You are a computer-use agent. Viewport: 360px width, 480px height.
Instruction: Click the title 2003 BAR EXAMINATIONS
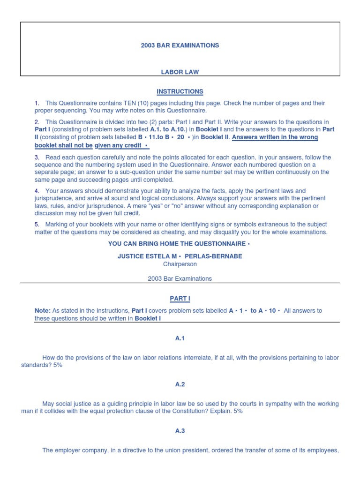click(x=180, y=45)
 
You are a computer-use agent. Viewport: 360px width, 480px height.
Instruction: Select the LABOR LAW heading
click(x=180, y=72)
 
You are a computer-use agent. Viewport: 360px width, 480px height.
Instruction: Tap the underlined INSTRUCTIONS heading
click(x=180, y=91)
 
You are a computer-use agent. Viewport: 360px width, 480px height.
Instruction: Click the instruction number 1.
click(x=37, y=103)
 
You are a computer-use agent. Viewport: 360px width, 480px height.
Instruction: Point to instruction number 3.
click(x=37, y=157)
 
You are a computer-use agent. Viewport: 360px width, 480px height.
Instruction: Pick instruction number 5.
click(x=37, y=225)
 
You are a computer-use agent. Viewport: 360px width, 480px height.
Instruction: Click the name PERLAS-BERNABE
click(x=217, y=256)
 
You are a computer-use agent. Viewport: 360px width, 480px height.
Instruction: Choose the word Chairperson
click(x=180, y=264)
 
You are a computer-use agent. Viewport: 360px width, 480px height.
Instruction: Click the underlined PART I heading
click(x=180, y=299)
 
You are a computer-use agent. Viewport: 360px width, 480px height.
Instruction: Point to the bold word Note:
click(x=42, y=311)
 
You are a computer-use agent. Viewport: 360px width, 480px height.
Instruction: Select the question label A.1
click(x=180, y=338)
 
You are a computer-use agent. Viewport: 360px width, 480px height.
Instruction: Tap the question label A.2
click(x=180, y=384)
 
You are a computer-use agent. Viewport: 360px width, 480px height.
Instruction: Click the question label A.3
click(x=180, y=431)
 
